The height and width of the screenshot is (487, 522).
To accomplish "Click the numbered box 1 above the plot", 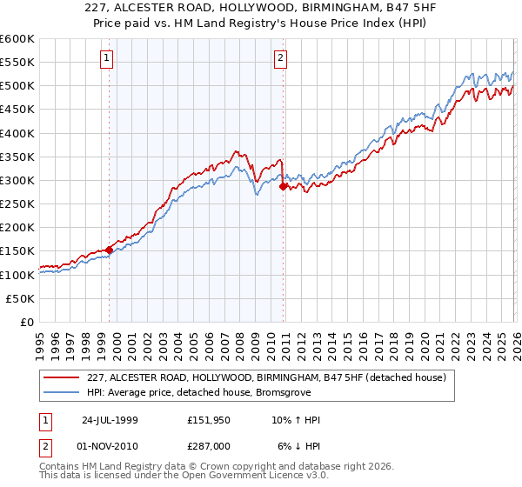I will [106, 59].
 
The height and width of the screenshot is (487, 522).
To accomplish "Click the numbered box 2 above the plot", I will [281, 59].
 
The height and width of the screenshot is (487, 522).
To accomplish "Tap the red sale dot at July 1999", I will [109, 250].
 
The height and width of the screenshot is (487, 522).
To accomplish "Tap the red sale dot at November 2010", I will [284, 186].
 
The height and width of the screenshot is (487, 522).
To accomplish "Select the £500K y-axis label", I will [17, 86].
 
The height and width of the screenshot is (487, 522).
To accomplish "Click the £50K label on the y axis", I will [20, 298].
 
